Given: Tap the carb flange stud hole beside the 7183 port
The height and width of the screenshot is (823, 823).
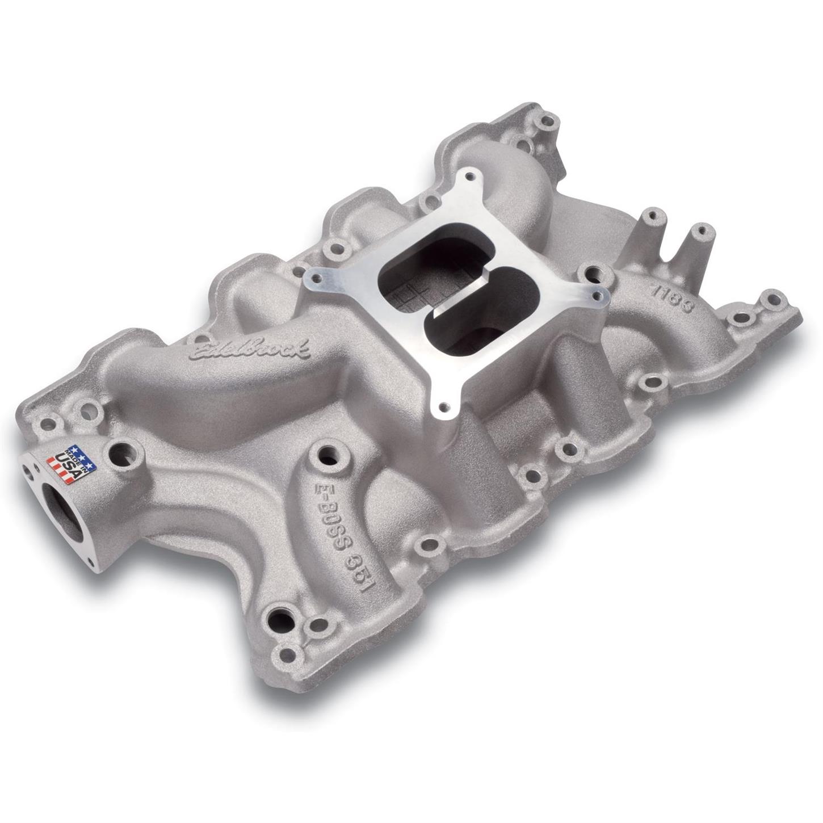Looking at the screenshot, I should coord(597,295).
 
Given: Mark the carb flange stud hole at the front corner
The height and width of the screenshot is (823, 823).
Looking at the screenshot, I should coord(444,405).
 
